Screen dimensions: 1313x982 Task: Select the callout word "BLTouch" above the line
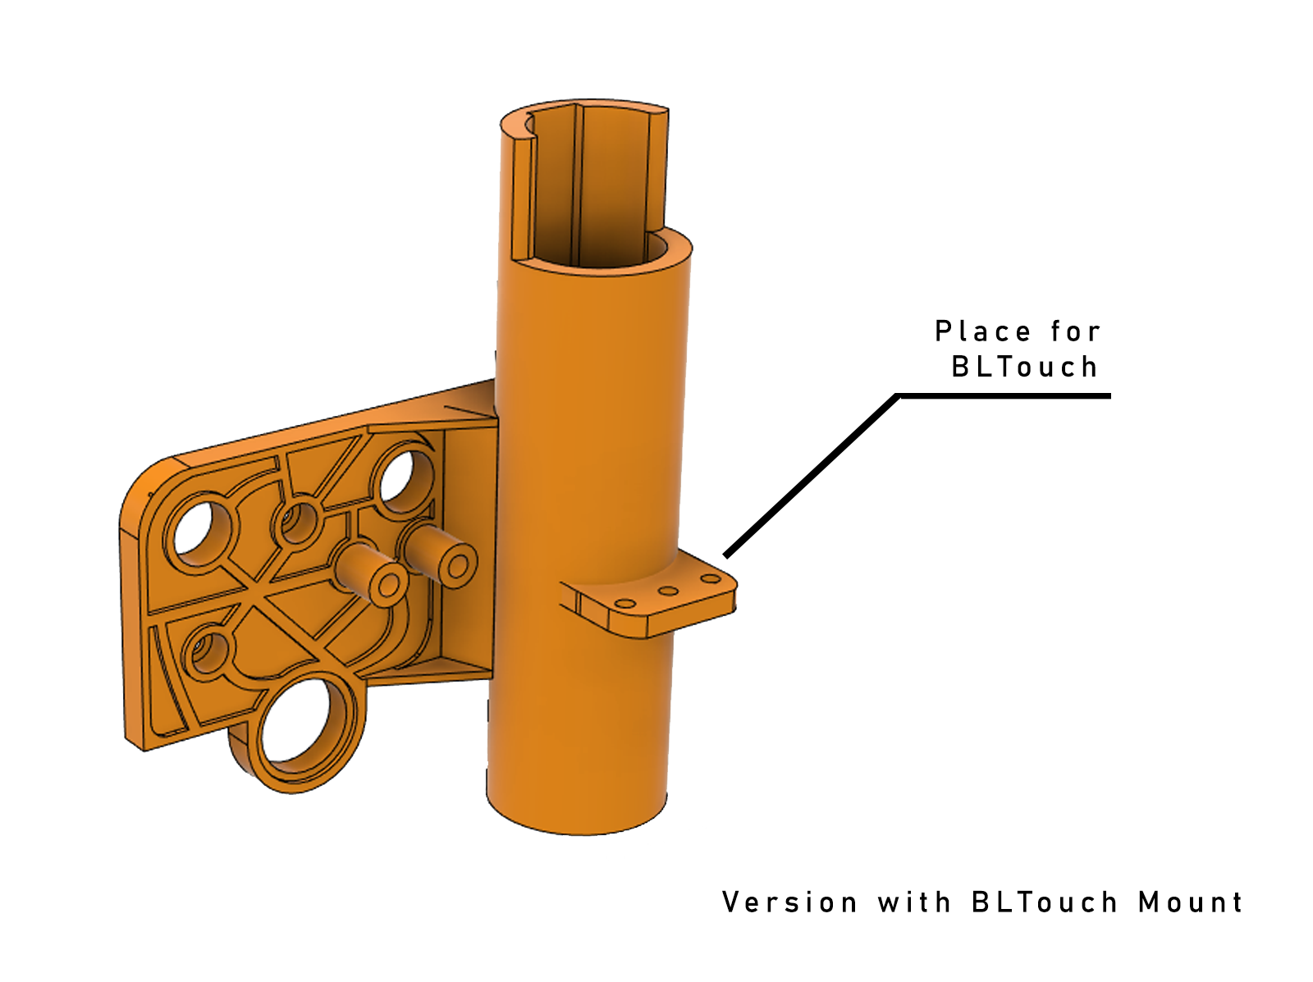point(1025,367)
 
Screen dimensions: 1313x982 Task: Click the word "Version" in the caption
point(789,902)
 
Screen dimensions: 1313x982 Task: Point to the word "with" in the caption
point(914,902)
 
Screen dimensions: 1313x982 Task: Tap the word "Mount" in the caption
point(1190,902)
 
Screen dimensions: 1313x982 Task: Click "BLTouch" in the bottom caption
point(1045,902)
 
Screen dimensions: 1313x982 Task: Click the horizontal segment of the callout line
point(1004,396)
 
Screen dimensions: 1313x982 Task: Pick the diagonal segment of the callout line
point(811,476)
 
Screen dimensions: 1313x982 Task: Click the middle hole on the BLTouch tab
point(668,591)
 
